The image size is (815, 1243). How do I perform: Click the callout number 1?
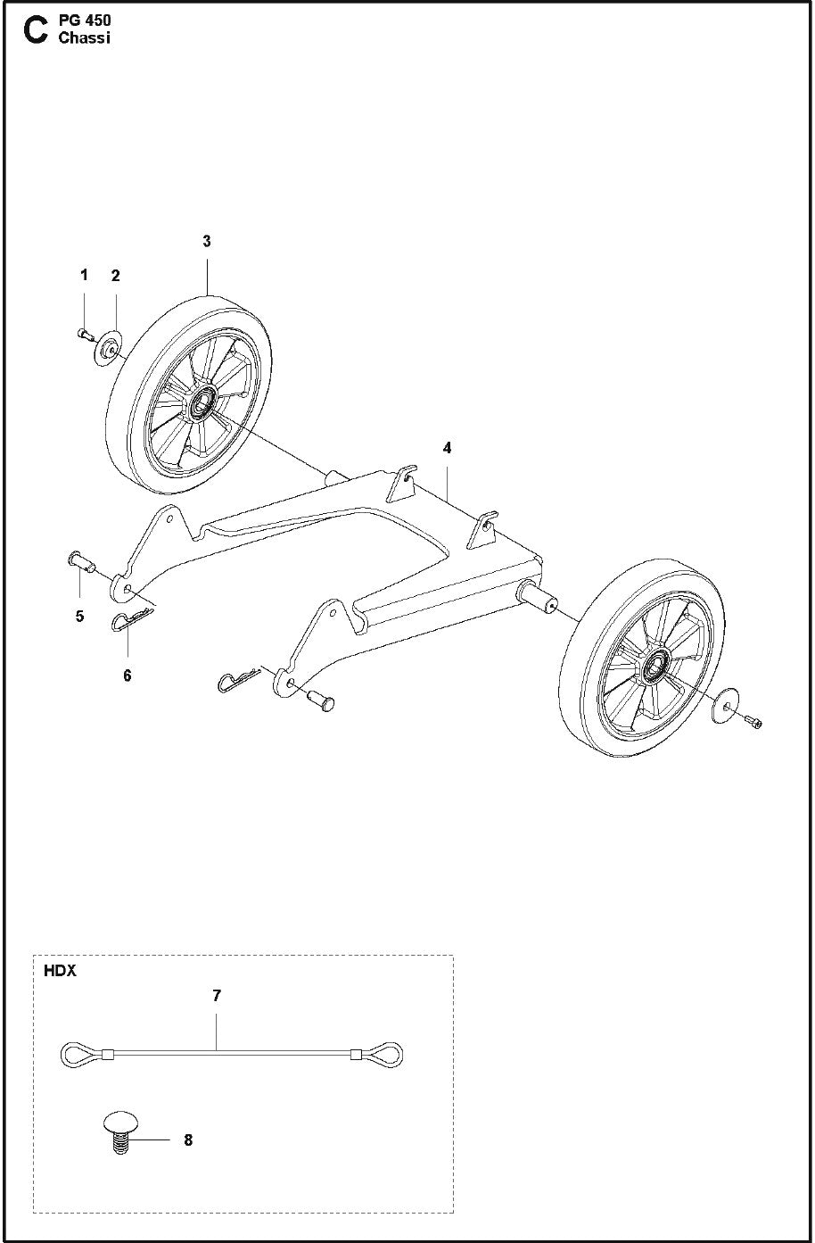(85, 275)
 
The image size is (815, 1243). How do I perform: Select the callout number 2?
(115, 276)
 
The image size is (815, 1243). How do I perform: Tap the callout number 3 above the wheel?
(207, 241)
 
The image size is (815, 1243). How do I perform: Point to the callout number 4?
(448, 448)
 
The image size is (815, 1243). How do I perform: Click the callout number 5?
(80, 616)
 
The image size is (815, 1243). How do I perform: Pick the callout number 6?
(128, 675)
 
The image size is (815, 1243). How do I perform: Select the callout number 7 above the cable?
(217, 996)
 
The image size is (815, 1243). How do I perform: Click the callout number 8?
(187, 1139)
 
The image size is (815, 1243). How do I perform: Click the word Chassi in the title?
(84, 38)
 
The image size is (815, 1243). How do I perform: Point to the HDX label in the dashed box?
(60, 971)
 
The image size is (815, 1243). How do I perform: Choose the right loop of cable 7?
(387, 1055)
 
